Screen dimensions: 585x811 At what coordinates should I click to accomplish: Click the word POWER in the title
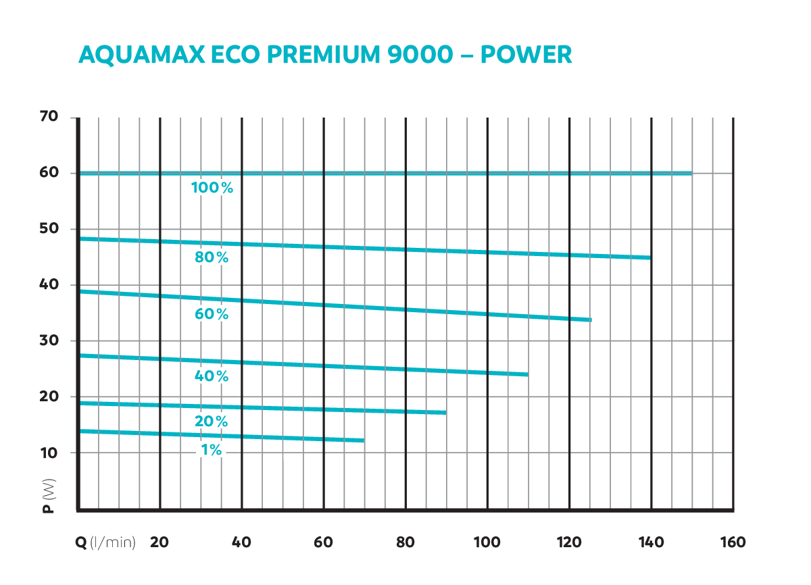point(526,55)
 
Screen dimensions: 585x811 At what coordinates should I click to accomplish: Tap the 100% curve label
point(212,188)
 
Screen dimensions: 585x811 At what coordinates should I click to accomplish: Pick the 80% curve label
point(212,257)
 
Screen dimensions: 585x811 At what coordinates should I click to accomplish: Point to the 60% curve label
point(212,314)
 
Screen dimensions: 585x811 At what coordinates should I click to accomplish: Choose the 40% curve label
point(212,376)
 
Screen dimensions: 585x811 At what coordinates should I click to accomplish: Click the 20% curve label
point(212,422)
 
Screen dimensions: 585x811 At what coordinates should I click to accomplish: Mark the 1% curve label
point(211,450)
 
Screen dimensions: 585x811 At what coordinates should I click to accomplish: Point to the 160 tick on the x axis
point(733,542)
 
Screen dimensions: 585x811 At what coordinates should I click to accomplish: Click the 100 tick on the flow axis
point(487,542)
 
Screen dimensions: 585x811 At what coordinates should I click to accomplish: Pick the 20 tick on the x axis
point(160,542)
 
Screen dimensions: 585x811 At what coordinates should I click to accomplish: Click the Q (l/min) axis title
point(106,542)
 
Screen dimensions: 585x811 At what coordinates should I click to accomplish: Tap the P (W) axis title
point(49,497)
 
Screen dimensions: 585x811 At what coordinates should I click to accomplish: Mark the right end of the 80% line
point(650,257)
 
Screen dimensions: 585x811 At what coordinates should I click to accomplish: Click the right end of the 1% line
point(364,440)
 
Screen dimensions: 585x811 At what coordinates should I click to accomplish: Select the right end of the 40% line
point(527,374)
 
